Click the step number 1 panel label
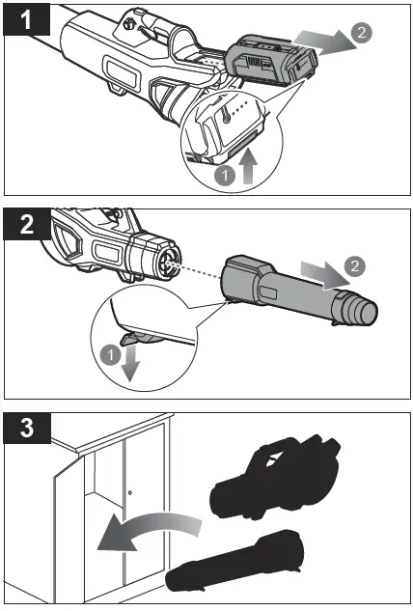pos(26,19)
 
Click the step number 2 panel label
pos(26,224)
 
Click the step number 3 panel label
pos(26,428)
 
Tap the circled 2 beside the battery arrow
pos(362,33)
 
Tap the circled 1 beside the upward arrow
pos(225,176)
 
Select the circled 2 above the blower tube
pos(354,266)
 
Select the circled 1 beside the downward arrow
pos(110,355)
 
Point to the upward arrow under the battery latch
pos(249,167)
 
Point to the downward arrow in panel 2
pos(131,363)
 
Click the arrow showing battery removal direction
pos(324,40)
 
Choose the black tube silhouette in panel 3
pos(234,561)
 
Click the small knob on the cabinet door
pos(129,492)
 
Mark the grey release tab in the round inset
pos(134,338)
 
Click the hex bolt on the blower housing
pos(127,24)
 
